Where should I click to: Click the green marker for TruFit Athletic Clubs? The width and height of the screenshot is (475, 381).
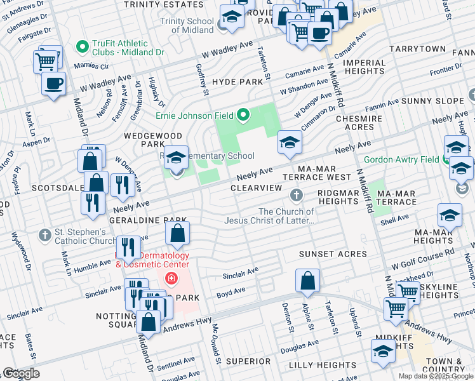tap(81, 46)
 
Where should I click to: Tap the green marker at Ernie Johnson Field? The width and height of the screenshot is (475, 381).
tap(243, 116)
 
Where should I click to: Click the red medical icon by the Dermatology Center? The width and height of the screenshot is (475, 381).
tap(170, 278)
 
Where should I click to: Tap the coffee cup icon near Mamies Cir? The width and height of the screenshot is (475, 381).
tap(53, 84)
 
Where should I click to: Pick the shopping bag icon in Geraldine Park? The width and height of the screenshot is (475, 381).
tap(178, 234)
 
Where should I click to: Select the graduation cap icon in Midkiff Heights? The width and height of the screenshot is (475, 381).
tap(384, 351)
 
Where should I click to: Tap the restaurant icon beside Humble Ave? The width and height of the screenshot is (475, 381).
tap(129, 248)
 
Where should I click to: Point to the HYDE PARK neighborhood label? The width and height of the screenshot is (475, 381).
tap(237, 82)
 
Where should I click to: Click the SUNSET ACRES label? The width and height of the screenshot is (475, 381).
tap(333, 254)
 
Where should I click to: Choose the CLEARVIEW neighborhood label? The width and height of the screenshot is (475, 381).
tap(256, 189)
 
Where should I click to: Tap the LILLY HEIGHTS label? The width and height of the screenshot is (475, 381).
tap(322, 365)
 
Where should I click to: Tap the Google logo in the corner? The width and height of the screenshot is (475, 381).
tap(21, 373)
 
